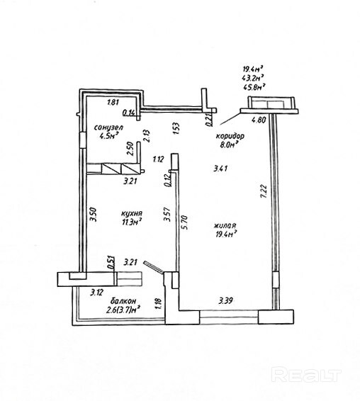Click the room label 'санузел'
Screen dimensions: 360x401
(108, 127)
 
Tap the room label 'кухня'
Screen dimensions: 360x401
(131, 213)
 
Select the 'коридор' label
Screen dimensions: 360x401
(230, 136)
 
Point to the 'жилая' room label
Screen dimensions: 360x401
(225, 226)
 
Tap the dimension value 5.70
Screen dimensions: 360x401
(185, 222)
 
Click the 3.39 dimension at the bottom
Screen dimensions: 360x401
(225, 300)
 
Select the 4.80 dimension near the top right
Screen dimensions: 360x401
(259, 120)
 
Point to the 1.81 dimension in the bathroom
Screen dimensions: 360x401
(113, 102)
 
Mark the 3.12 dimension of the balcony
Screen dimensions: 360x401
(96, 292)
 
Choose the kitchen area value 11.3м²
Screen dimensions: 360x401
(132, 222)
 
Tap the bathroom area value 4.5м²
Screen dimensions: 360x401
(110, 135)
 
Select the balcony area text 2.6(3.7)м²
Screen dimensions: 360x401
(123, 310)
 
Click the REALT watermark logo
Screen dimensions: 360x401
(306, 375)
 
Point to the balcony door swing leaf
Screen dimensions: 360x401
(153, 266)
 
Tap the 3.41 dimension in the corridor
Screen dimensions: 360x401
(220, 169)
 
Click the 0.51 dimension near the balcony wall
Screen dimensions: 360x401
(111, 262)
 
